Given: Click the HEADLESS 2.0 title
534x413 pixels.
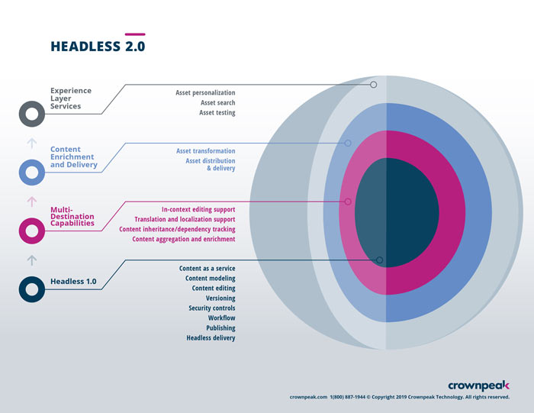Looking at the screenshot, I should click(x=98, y=46).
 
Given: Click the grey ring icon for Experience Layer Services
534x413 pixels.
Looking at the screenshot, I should click(x=31, y=115).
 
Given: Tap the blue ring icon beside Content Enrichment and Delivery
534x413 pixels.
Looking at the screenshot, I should click(x=31, y=172).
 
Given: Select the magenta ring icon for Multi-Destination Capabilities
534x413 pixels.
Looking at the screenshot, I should click(x=31, y=230).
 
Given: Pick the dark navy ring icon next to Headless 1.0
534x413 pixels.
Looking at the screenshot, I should click(x=31, y=289).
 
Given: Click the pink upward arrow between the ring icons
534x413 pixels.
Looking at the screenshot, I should click(x=31, y=202).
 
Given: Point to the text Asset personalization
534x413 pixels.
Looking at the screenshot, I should click(x=205, y=92).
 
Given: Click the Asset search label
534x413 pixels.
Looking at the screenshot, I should click(x=217, y=102).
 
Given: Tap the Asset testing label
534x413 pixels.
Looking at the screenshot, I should click(x=217, y=112).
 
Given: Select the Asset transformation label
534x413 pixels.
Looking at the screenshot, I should click(x=205, y=151).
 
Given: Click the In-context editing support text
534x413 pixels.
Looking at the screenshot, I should click(x=198, y=209).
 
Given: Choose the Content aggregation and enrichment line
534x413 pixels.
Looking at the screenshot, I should click(x=183, y=239).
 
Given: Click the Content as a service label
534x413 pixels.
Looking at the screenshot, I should click(x=207, y=269).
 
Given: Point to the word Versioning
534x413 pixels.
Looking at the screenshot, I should click(x=220, y=298).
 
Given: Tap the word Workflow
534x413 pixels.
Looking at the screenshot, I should click(x=221, y=318).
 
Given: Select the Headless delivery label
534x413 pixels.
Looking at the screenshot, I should click(x=211, y=337).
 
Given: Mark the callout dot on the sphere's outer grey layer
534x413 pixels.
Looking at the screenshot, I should click(x=373, y=85).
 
